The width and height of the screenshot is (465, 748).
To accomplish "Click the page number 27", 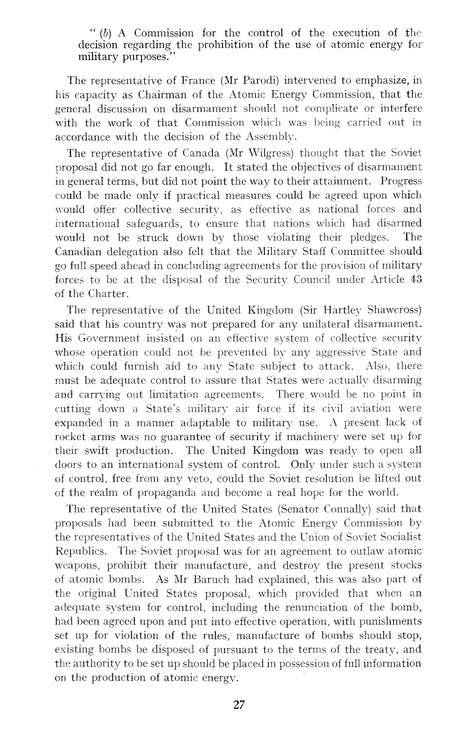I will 239,705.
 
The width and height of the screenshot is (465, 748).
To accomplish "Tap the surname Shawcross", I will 394,310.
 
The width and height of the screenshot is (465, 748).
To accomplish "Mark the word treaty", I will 395,650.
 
